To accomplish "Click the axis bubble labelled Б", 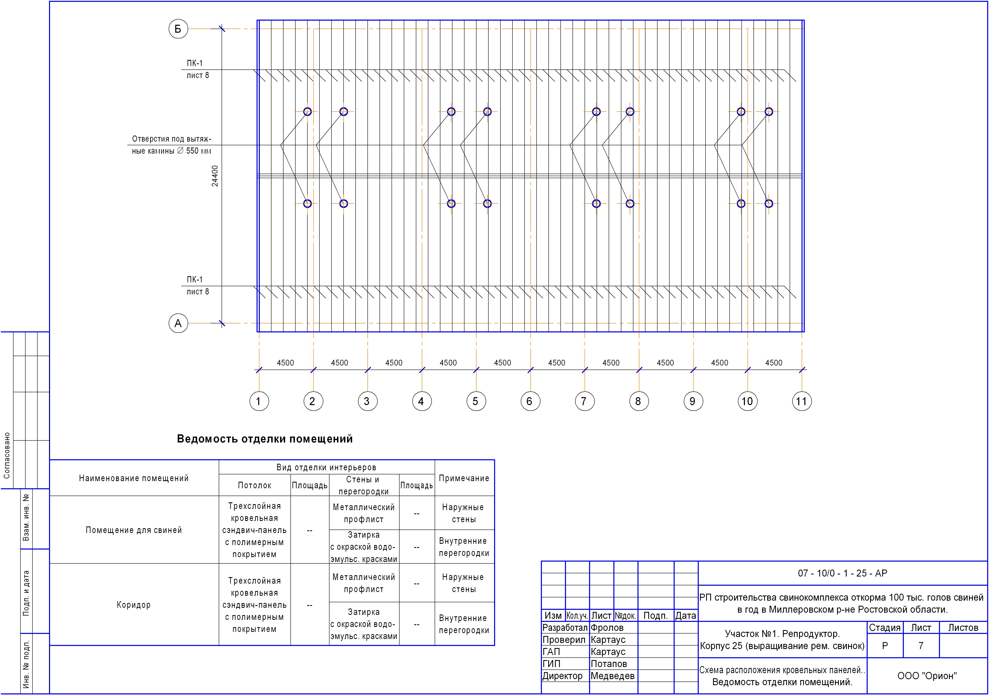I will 178,29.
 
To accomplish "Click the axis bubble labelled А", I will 178,323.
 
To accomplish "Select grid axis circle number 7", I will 585,401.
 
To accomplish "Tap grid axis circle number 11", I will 802,401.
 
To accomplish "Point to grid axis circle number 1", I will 259,401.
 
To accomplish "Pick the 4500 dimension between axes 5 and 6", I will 502,363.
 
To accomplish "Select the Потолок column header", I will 255,485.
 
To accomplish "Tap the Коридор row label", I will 134,604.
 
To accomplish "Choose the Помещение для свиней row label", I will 134,530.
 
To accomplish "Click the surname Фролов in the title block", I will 607,627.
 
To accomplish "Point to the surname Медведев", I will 612,676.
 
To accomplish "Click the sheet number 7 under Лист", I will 921,645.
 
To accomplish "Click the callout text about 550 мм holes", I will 171,145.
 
